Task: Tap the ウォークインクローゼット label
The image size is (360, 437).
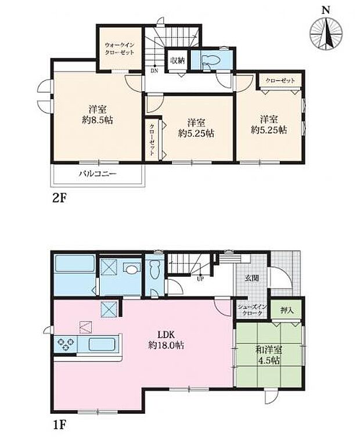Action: click(120, 48)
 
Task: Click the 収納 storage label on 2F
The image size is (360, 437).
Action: click(178, 60)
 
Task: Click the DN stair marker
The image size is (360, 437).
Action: click(154, 71)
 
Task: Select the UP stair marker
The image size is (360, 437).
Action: click(201, 279)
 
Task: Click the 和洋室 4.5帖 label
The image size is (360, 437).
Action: click(268, 355)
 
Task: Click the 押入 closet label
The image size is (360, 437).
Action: click(287, 311)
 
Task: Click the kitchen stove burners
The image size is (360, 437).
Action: click(66, 344)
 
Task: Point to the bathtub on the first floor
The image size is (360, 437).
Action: click(73, 268)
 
